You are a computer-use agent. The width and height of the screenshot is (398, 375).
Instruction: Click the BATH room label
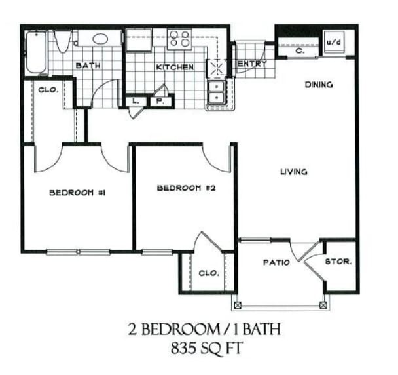click(x=86, y=66)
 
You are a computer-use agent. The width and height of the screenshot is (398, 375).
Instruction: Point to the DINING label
click(x=319, y=84)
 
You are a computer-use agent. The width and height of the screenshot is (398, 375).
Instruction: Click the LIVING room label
click(x=294, y=172)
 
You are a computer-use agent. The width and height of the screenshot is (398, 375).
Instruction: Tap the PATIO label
click(x=276, y=262)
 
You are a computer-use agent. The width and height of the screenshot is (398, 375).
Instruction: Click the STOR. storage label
click(x=339, y=261)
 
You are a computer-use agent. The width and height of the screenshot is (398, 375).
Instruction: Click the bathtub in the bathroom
click(x=35, y=52)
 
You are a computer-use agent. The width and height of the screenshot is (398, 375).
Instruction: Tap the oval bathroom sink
click(x=101, y=39)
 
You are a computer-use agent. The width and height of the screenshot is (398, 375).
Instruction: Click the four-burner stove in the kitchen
click(x=179, y=39)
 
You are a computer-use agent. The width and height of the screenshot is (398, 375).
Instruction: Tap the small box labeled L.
click(x=136, y=101)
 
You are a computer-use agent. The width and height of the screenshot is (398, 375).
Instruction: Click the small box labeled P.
click(x=159, y=101)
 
